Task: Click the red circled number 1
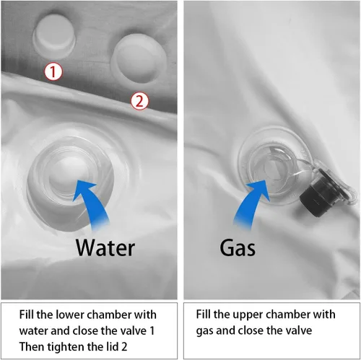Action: click(x=53, y=71)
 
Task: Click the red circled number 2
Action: click(x=139, y=101)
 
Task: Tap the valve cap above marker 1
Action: click(x=54, y=36)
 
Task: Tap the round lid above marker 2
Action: click(x=139, y=58)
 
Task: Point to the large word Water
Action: click(x=105, y=247)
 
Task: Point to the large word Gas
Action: click(x=238, y=247)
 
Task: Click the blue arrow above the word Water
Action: click(x=92, y=204)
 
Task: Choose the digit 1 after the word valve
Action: click(x=152, y=331)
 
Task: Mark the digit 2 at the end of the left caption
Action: click(x=124, y=347)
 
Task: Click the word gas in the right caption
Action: click(x=204, y=331)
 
